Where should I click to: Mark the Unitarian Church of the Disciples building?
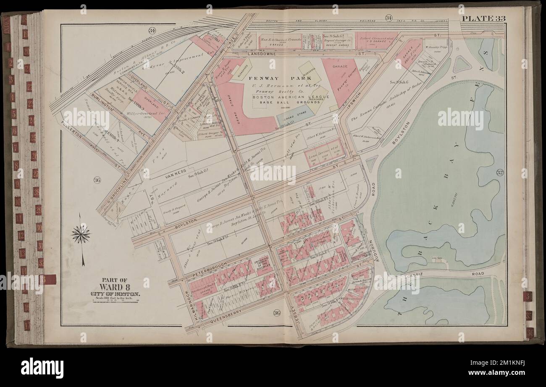coord(262,264)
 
